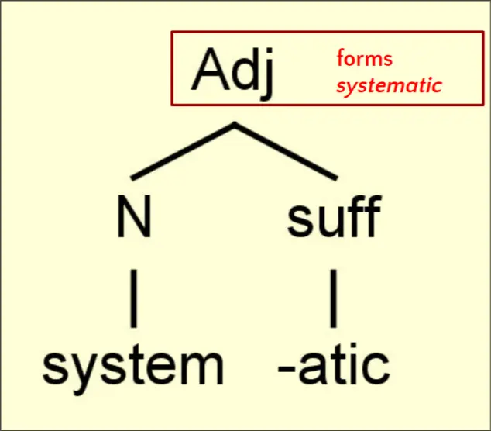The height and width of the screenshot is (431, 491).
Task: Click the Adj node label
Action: point(232,74)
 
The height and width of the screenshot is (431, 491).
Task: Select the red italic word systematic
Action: point(390,85)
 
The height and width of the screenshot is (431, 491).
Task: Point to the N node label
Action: point(134,216)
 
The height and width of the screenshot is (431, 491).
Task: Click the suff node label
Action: point(335,216)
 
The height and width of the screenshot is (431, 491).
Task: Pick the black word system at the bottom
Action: point(133,369)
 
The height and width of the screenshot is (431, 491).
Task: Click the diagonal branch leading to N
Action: point(184,151)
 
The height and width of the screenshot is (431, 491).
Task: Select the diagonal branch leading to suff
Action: point(286,151)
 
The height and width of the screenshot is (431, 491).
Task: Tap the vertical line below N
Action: point(134,298)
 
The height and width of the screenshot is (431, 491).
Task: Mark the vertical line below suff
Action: point(334,298)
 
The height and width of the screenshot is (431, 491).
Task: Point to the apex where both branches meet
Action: point(235,123)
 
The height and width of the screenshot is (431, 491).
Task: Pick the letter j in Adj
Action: point(267,74)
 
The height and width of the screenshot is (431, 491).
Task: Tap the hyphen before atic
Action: point(287,370)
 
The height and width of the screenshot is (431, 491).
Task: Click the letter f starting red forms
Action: point(341,57)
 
